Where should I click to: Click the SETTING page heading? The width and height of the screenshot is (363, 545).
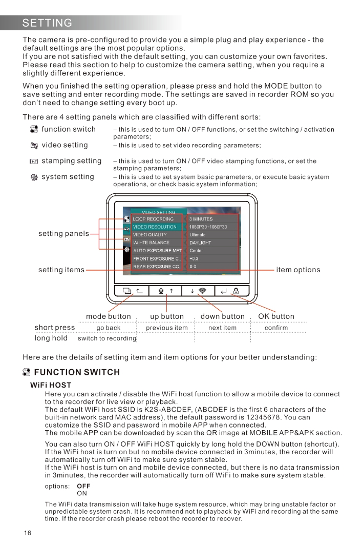[x=47, y=23]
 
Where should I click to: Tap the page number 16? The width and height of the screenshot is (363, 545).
[x=28, y=533]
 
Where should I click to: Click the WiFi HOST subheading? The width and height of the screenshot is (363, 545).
[x=51, y=385]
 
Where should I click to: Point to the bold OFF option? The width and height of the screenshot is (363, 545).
[x=83, y=486]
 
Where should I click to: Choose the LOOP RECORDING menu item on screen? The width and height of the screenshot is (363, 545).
[x=153, y=219]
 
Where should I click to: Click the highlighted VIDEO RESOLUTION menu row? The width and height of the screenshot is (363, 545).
[x=155, y=227]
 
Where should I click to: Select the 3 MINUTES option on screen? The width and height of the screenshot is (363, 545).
[x=201, y=219]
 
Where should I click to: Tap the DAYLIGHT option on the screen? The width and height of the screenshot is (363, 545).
[x=200, y=243]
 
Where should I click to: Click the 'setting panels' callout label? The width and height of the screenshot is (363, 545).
[x=63, y=234]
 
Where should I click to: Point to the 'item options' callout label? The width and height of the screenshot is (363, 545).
[x=298, y=270]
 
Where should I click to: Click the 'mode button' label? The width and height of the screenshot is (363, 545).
[x=109, y=316]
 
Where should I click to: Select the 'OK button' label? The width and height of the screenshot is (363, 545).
[x=276, y=316]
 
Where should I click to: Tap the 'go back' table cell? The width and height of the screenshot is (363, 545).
[x=109, y=328]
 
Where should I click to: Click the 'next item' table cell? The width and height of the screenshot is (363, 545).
[x=222, y=328]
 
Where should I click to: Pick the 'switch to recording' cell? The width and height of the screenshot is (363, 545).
[x=107, y=338]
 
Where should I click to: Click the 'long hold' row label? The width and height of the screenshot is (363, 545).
[x=51, y=338]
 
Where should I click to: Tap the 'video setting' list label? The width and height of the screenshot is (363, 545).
[x=65, y=146]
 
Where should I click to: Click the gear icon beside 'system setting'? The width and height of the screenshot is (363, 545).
[x=34, y=177]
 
